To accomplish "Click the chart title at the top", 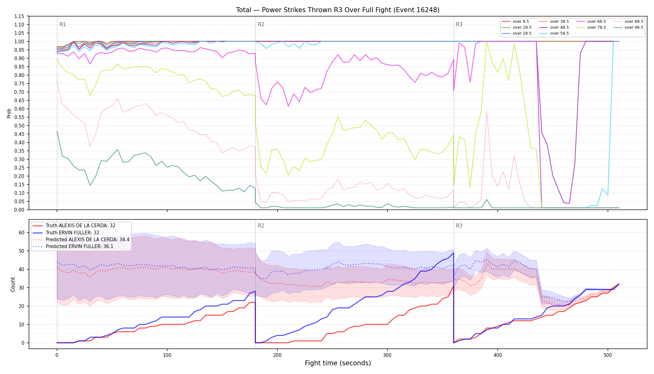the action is pyautogui.click(x=338, y=10).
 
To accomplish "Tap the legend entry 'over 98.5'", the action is pyautogui.click(x=628, y=27).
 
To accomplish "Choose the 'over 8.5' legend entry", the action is pyautogui.click(x=515, y=22).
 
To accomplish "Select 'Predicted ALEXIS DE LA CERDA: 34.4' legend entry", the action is pyautogui.click(x=81, y=239).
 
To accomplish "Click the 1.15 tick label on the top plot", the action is pyautogui.click(x=20, y=16).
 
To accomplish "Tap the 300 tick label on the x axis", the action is pyautogui.click(x=387, y=354).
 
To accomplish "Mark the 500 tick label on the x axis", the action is pyautogui.click(x=608, y=354).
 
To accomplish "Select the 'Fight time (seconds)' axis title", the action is pyautogui.click(x=338, y=363).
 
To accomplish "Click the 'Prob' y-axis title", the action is pyautogui.click(x=9, y=113).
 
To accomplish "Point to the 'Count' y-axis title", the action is pyautogui.click(x=13, y=284).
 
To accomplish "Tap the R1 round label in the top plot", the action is pyautogui.click(x=63, y=24).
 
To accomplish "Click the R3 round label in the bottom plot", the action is pyautogui.click(x=459, y=226).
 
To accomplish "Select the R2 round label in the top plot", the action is pyautogui.click(x=261, y=24).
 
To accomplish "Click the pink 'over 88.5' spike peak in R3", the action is pyautogui.click(x=486, y=111).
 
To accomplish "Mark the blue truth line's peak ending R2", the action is pyautogui.click(x=453, y=253).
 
